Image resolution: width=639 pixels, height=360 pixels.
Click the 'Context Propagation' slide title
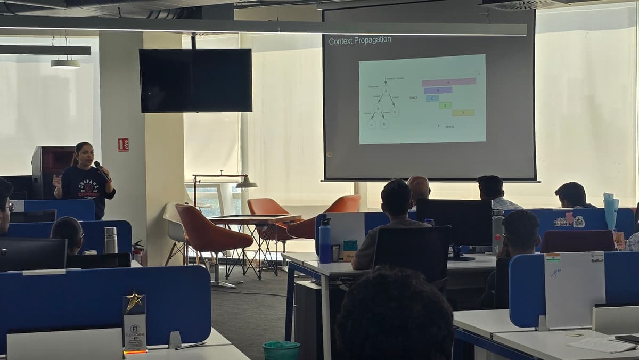click(360, 40)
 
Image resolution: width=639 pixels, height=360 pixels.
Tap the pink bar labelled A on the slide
click(448, 82)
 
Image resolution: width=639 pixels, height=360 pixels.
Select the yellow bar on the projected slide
click(463, 112)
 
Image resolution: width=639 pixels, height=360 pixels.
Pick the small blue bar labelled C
click(432, 98)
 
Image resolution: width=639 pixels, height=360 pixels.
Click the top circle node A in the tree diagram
click(386, 91)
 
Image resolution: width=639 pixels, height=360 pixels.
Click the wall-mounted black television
click(195, 80)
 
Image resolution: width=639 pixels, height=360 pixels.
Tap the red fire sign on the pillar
click(123, 145)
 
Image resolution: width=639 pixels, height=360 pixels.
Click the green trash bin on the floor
click(281, 350)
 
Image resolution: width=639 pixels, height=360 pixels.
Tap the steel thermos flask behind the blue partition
click(110, 240)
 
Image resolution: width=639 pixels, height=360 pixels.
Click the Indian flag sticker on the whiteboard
click(553, 258)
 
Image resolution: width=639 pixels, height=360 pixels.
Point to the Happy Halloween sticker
click(569, 220)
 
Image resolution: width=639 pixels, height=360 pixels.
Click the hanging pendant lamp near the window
click(65, 63)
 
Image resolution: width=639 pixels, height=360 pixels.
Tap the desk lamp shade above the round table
click(246, 184)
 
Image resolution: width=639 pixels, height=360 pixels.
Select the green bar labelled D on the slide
click(445, 105)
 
